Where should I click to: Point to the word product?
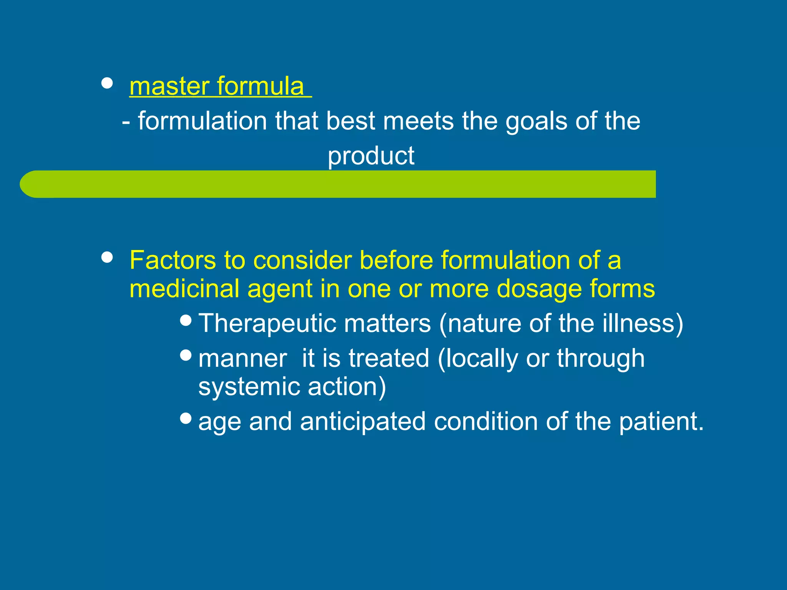371,156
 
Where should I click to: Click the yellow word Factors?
173,260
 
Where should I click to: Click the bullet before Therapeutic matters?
186,320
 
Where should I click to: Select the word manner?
242,359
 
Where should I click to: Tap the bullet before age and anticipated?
186,418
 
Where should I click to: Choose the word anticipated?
362,422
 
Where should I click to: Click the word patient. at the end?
661,422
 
